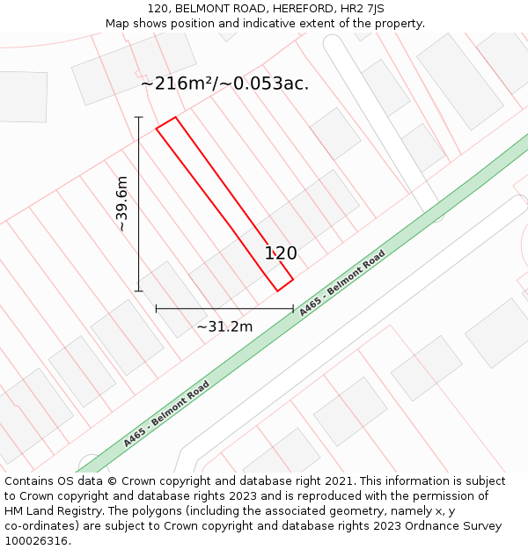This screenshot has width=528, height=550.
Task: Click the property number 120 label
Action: click(x=281, y=253)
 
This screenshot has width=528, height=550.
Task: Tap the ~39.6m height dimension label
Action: click(x=122, y=203)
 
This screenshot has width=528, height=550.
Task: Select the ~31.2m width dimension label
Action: click(x=224, y=326)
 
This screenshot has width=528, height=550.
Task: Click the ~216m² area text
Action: click(x=174, y=84)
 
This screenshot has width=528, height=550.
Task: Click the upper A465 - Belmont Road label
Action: click(x=341, y=283)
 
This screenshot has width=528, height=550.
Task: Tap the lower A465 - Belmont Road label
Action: click(x=166, y=414)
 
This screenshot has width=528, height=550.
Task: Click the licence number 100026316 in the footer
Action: click(x=34, y=541)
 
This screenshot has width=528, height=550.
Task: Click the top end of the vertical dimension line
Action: click(x=138, y=117)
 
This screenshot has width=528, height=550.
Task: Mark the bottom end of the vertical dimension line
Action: click(x=138, y=290)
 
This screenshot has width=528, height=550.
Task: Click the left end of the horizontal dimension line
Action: click(x=156, y=309)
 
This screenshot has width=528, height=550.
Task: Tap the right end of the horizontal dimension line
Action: click(x=293, y=309)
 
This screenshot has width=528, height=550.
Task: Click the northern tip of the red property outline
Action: click(x=175, y=117)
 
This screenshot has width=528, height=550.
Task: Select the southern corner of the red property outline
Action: click(x=277, y=290)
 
